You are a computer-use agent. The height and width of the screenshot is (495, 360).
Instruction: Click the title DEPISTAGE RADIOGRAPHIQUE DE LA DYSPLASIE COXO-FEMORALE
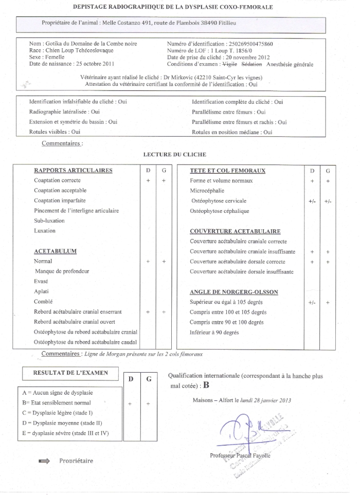tap(173, 7)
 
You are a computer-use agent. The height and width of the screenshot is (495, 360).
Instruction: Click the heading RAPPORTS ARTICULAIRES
tap(73, 170)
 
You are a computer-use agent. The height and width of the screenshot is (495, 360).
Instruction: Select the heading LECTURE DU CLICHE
tap(175, 154)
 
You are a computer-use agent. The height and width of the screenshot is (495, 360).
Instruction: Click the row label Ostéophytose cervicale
tap(219, 200)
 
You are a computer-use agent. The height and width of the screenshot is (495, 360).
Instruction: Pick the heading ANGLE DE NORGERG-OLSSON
tap(234, 292)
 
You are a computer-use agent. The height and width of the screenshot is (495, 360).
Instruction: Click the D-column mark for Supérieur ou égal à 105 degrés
tap(312, 303)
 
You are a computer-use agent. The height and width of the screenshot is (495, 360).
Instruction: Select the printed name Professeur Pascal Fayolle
tap(240, 455)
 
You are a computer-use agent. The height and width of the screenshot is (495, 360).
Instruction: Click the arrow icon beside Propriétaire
tap(44, 461)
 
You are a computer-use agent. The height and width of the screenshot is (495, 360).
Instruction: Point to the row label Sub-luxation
tap(49, 221)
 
